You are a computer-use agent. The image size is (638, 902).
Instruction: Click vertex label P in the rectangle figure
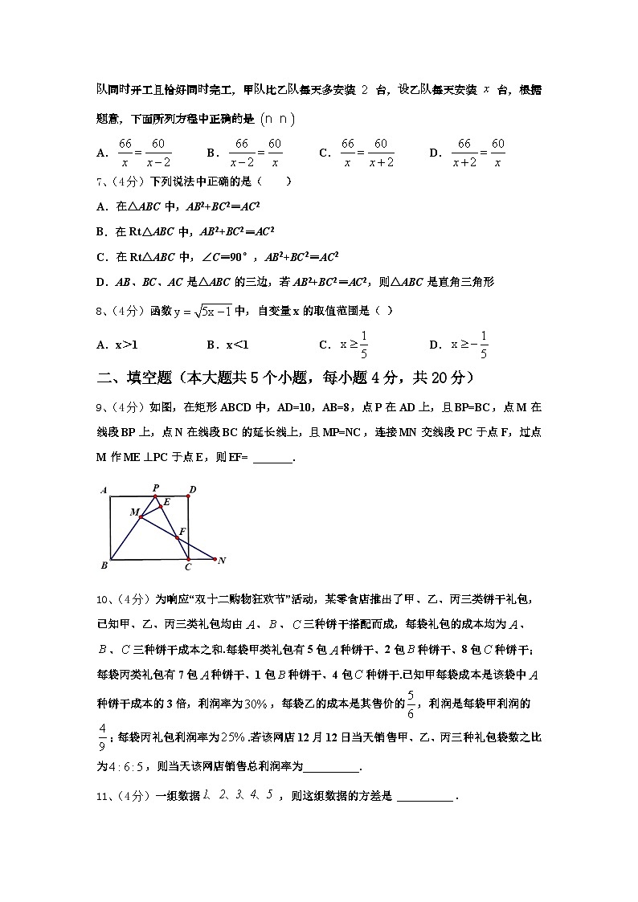point(155,487)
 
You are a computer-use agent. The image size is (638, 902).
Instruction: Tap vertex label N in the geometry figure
point(222,560)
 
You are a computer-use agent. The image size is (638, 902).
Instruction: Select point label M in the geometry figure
point(133,512)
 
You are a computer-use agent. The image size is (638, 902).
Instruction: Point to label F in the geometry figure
point(183,531)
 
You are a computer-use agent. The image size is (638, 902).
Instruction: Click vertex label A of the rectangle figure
point(104,489)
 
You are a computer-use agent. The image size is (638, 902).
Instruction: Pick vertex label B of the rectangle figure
point(104,565)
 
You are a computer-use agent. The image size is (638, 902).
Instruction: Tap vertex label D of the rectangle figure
point(193,488)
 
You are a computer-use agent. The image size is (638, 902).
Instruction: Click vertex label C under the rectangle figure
point(187,567)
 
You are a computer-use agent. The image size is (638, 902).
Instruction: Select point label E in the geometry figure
point(166,503)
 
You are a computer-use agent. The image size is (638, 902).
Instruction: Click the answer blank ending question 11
point(425,796)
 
